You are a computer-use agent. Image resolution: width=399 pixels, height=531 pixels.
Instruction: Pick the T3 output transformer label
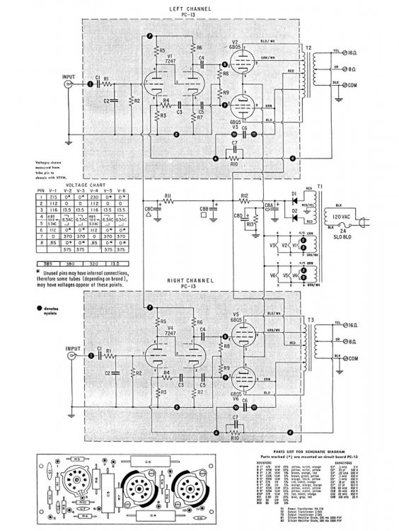(x=308, y=320)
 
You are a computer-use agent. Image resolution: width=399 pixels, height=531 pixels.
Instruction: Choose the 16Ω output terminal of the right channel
(x=351, y=324)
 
